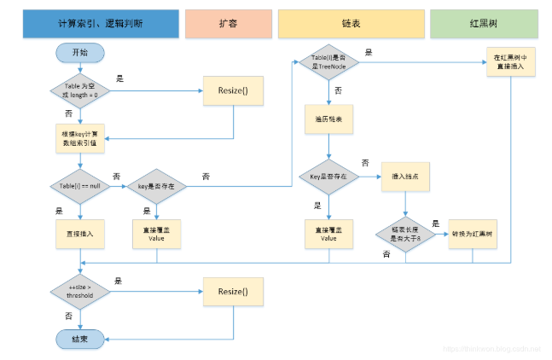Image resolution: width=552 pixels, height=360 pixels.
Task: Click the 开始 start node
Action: pos(79,53)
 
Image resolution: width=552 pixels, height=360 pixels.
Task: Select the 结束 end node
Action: pos(79,339)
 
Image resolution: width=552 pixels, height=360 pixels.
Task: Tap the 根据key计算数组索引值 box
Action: pos(79,137)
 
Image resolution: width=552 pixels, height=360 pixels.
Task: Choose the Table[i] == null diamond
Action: pos(79,184)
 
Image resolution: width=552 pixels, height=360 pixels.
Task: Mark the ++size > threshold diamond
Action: pos(79,293)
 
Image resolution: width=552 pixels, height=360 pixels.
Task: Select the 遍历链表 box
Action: pos(328,119)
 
